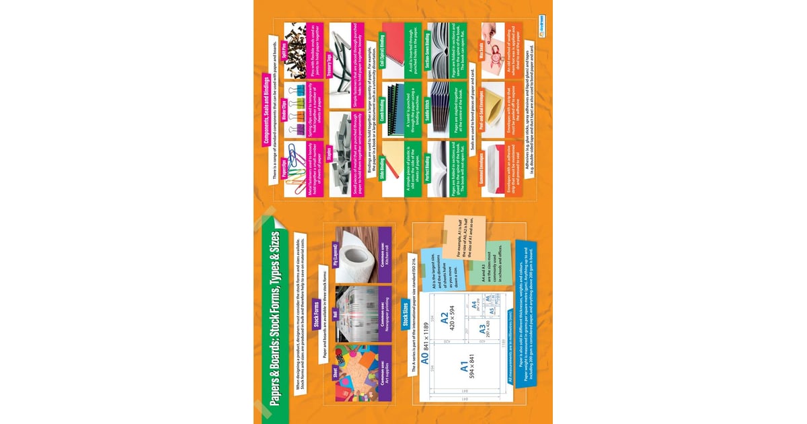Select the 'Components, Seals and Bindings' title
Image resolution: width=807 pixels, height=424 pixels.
(267, 110)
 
